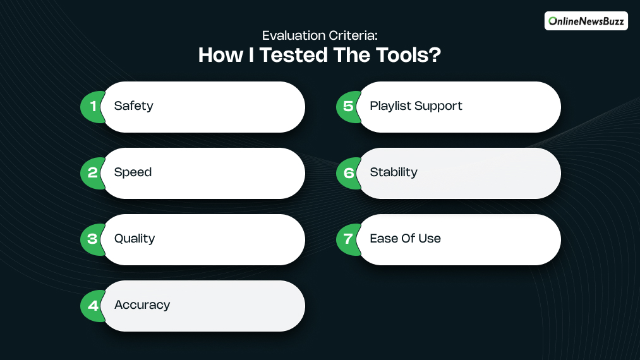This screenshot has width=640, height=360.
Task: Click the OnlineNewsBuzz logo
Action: click(x=586, y=21)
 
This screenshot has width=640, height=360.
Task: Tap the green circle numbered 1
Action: click(x=92, y=106)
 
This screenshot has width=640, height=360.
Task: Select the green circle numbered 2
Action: click(x=92, y=172)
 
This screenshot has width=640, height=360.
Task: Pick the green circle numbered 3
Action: click(x=92, y=239)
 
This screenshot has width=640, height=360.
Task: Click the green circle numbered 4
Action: click(x=92, y=305)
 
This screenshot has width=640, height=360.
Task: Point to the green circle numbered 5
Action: click(x=347, y=106)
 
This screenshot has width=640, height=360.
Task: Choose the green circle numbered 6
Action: click(x=347, y=172)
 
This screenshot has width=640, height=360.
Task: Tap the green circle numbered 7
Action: click(x=347, y=239)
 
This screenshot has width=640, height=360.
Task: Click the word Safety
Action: click(x=133, y=106)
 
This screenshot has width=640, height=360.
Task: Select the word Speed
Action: click(x=133, y=172)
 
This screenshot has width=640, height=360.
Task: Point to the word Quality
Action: click(x=135, y=239)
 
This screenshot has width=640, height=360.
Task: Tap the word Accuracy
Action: click(x=142, y=305)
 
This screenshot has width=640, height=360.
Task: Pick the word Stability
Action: click(x=394, y=172)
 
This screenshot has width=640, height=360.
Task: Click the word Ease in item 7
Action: click(x=383, y=239)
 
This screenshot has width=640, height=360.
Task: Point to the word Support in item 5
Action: click(x=440, y=106)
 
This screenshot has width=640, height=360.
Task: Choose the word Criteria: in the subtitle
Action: click(x=354, y=37)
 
